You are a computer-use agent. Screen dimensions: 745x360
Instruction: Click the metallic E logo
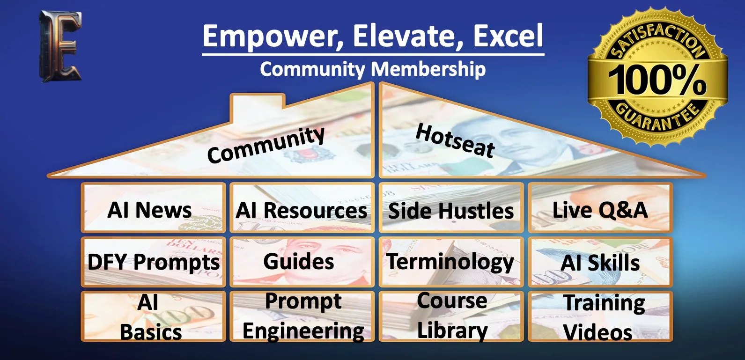coord(60,46)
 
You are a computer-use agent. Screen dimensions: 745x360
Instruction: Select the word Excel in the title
coord(508,36)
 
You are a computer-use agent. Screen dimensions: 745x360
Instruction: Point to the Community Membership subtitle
coord(373,69)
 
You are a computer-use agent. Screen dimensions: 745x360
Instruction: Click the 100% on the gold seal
coord(657,80)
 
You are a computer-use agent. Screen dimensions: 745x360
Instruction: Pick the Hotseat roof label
coord(455,140)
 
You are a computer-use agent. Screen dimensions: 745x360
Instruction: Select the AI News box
coord(153,207)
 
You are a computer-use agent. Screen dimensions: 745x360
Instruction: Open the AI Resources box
coord(302,207)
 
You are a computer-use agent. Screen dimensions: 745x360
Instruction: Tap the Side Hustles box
coord(451,207)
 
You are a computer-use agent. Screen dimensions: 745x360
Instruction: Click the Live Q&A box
coord(600,207)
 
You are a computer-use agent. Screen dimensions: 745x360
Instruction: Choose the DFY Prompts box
coord(153,262)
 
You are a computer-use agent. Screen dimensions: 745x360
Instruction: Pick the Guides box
coord(302,262)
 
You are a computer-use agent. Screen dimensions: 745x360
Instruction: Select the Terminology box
coord(451,262)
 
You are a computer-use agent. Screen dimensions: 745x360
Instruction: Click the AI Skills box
coord(600,262)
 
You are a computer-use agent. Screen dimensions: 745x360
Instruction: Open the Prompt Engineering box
coord(302,316)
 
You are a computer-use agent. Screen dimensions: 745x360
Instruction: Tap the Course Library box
coord(451,316)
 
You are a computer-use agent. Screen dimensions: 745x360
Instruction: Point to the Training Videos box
coord(600,316)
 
